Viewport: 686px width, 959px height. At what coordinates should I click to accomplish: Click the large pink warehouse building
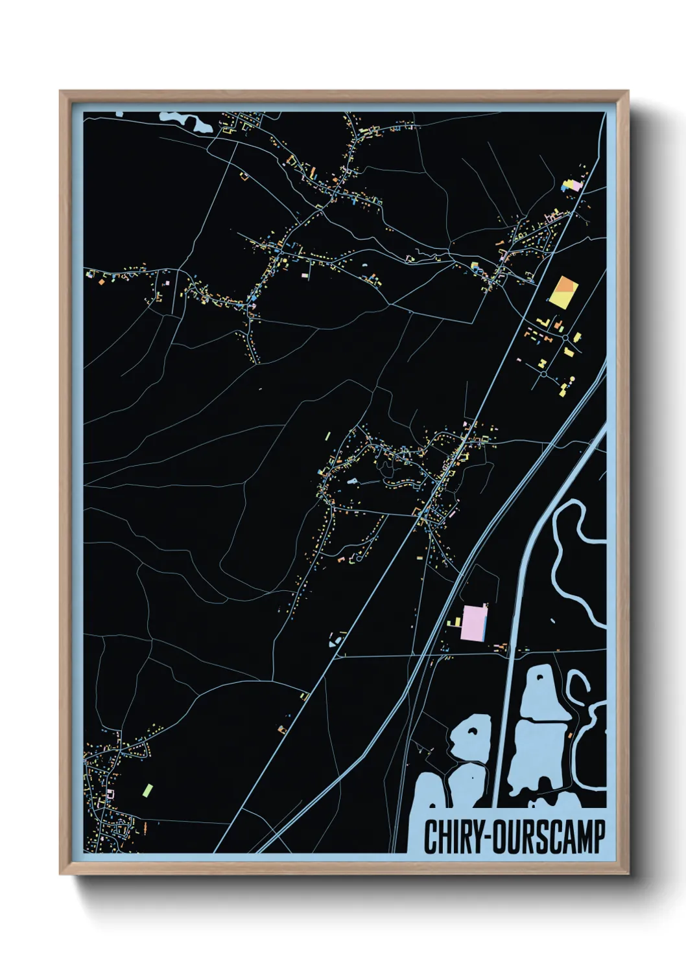[474, 623]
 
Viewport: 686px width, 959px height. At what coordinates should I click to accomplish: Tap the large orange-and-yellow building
[562, 291]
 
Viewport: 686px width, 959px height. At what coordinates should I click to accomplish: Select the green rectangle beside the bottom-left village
[147, 790]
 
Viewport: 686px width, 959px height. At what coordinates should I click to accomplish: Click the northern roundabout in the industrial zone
[565, 337]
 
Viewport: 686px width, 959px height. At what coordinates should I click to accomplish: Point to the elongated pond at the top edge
[184, 121]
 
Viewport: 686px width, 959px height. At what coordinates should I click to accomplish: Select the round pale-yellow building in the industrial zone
[573, 378]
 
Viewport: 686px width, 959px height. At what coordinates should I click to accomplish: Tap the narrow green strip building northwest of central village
[327, 437]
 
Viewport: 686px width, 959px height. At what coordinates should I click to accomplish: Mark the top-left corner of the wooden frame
[61, 92]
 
